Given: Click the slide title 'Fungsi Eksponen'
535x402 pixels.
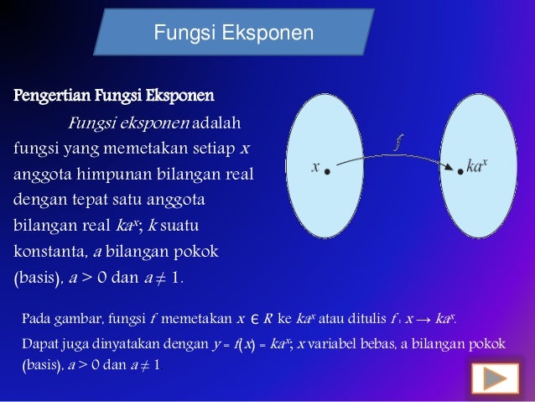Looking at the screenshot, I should coord(234,34).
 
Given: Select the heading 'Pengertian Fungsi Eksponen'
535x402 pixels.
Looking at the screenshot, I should coord(113,92).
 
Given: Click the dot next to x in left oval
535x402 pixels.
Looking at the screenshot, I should coord(327,171).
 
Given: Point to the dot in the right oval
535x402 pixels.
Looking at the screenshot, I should coord(460,171).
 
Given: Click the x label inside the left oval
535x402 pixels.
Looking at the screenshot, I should coord(314,167).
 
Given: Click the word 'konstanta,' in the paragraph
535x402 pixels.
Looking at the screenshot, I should coord(49,251).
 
